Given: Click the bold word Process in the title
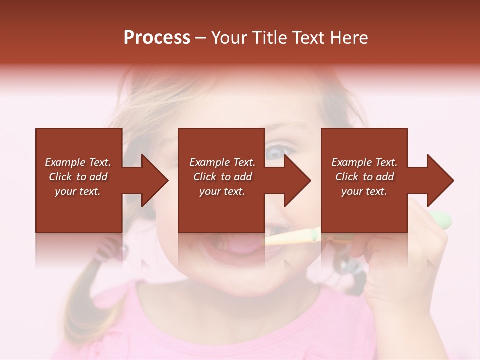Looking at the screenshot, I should click(x=157, y=38).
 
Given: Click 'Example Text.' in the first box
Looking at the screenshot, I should click(x=78, y=162).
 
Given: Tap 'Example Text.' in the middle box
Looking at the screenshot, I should click(x=222, y=162).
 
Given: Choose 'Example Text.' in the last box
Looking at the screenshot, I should click(x=364, y=162).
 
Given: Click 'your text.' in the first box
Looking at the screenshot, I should click(x=78, y=191).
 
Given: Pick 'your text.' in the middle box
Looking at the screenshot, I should click(x=222, y=191).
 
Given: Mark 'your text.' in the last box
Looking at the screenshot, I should click(x=364, y=191).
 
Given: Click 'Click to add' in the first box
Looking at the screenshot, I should click(x=78, y=177).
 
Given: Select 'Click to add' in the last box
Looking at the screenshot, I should click(x=364, y=177).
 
